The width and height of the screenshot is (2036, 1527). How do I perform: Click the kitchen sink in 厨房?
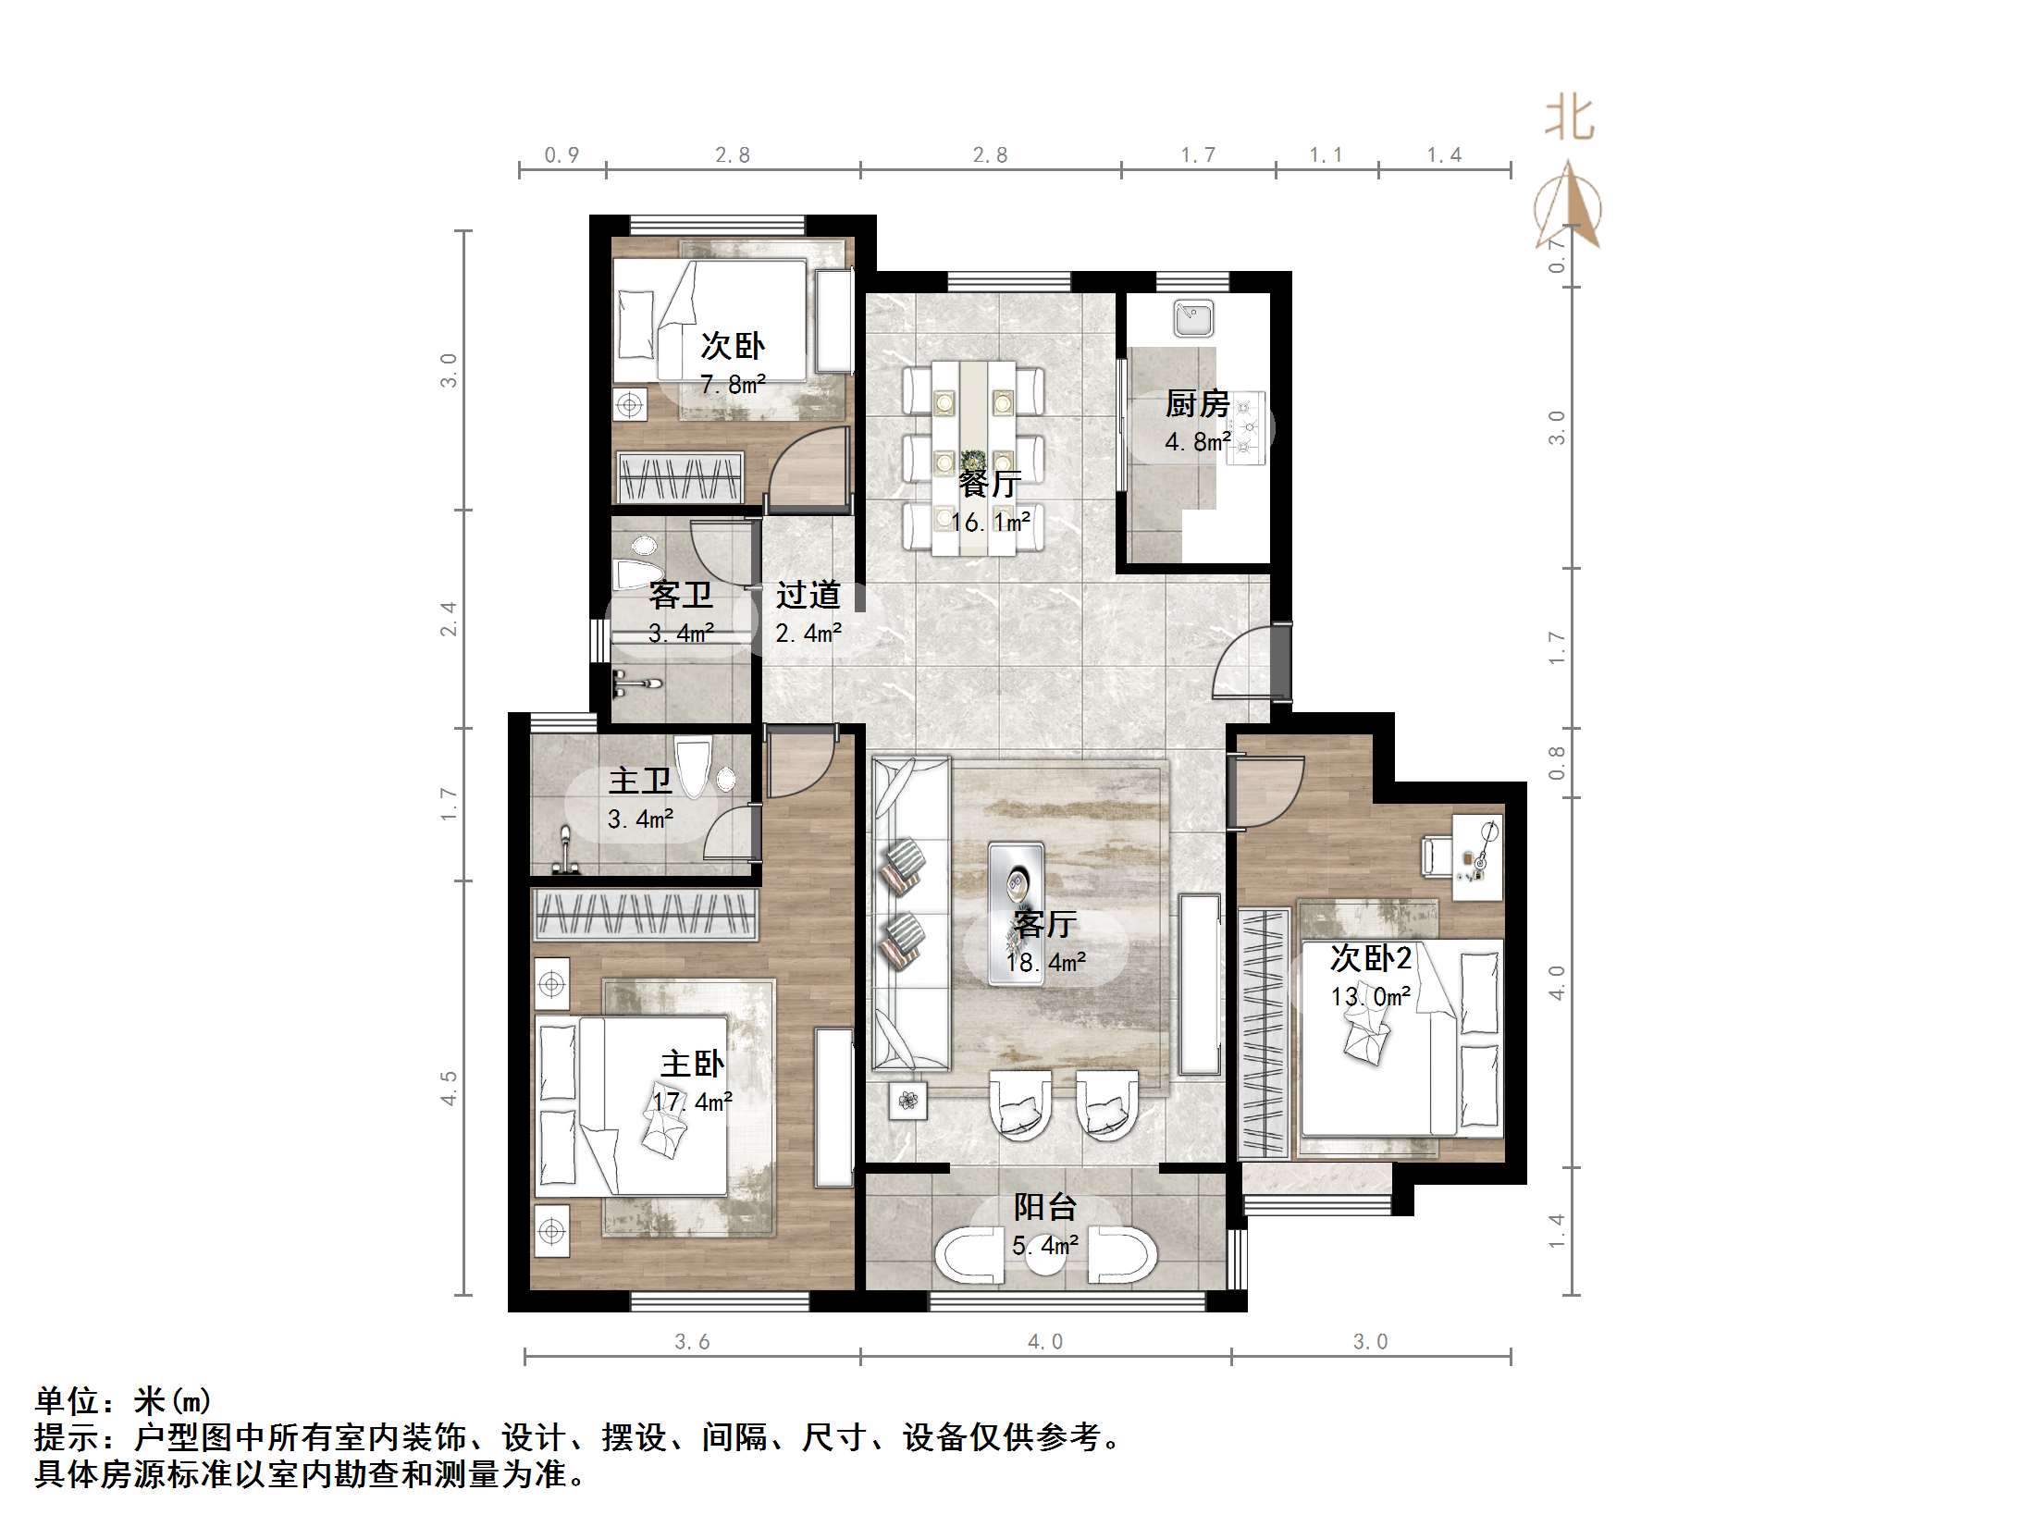[x=1193, y=318]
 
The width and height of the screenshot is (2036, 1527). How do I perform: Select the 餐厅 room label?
[x=989, y=484]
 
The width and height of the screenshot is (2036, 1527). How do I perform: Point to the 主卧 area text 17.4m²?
[x=692, y=1102]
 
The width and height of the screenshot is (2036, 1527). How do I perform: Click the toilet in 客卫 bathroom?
[x=636, y=566]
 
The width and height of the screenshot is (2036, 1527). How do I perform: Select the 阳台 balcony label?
[x=1045, y=1207]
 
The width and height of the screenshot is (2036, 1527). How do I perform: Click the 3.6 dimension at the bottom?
[x=692, y=1342]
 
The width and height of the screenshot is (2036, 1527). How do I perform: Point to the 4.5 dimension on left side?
[x=449, y=1088]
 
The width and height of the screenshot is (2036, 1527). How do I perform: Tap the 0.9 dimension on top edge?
[x=561, y=155]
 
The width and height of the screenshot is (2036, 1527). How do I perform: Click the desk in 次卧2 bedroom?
[x=1476, y=856]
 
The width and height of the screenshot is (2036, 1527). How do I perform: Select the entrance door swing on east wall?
[x=1244, y=664]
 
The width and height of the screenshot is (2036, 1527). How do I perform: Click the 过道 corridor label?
[x=808, y=595]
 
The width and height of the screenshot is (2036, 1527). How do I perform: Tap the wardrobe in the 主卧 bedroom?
[x=646, y=915]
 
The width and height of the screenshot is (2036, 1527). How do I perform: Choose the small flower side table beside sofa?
[x=907, y=1101]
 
